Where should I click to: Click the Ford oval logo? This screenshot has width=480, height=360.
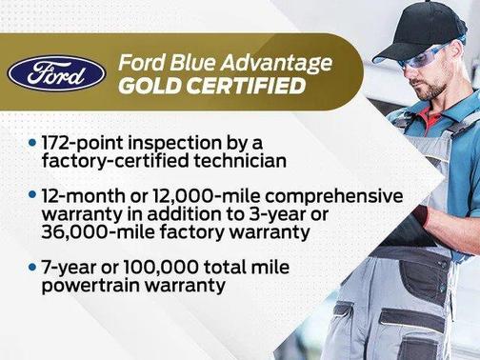(x=56, y=72)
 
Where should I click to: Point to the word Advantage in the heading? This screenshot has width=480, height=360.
(x=282, y=63)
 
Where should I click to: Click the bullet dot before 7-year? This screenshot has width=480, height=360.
(x=32, y=267)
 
